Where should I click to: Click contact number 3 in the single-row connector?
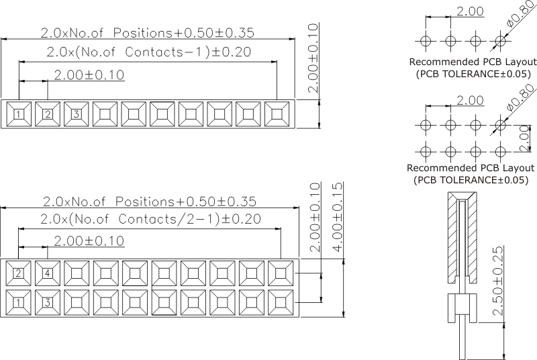(x=77, y=114)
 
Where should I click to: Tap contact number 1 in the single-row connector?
(x=19, y=114)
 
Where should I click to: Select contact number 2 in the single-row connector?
(x=48, y=114)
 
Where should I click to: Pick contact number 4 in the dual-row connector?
(x=48, y=273)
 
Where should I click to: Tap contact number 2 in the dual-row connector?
(x=19, y=273)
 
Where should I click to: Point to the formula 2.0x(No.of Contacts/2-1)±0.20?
(x=150, y=219)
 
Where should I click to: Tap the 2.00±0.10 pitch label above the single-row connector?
(x=89, y=75)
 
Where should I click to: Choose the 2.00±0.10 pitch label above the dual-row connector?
(x=89, y=240)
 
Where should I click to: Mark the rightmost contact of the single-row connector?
(x=277, y=114)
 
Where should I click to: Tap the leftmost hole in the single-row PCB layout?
(x=424, y=42)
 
